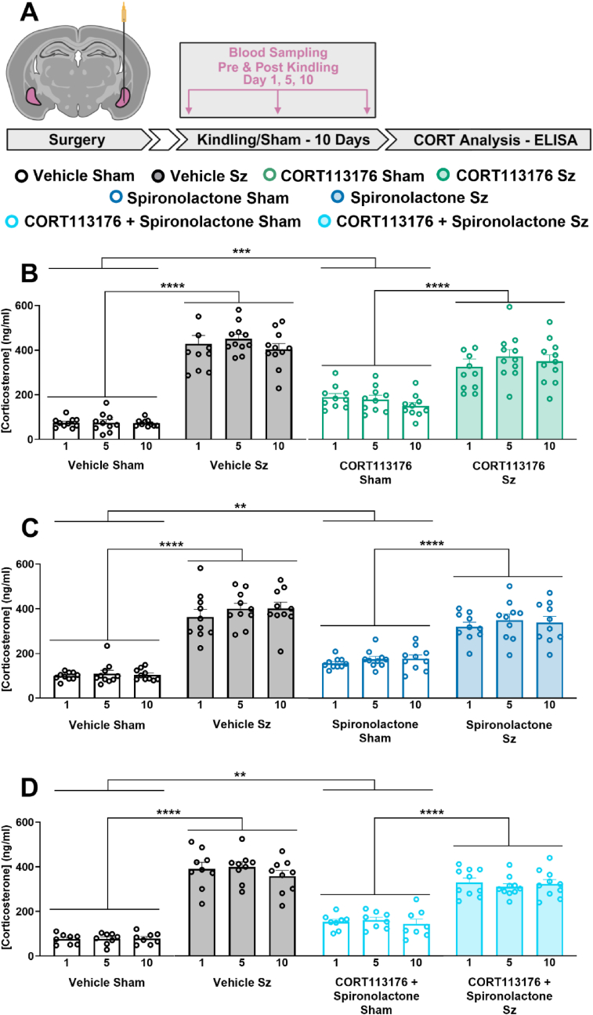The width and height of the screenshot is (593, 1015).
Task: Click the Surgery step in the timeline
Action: tap(78, 140)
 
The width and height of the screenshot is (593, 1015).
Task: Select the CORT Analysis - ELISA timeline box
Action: tap(490, 140)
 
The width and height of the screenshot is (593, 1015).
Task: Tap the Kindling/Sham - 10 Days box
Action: tap(282, 140)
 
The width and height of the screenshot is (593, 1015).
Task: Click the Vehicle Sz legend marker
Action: tap(158, 176)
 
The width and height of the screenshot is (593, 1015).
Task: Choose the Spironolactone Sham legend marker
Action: tap(117, 198)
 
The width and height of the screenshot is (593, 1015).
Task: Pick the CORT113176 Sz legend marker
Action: tap(443, 175)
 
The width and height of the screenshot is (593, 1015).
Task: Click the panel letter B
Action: tap(30, 274)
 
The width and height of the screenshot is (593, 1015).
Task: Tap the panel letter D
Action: tap(30, 788)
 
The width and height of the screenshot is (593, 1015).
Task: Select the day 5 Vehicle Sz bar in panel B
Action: tap(239, 389)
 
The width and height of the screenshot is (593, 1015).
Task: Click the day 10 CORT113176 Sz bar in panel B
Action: tap(549, 400)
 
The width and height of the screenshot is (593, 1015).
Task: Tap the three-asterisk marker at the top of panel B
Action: tap(241, 252)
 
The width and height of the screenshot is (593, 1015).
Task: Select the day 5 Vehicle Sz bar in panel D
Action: tap(242, 912)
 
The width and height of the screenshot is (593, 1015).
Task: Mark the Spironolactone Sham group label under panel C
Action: tap(375, 731)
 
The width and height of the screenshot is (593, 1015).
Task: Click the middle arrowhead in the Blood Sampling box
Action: tap(278, 111)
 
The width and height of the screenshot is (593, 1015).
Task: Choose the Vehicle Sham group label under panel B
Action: tap(106, 466)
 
